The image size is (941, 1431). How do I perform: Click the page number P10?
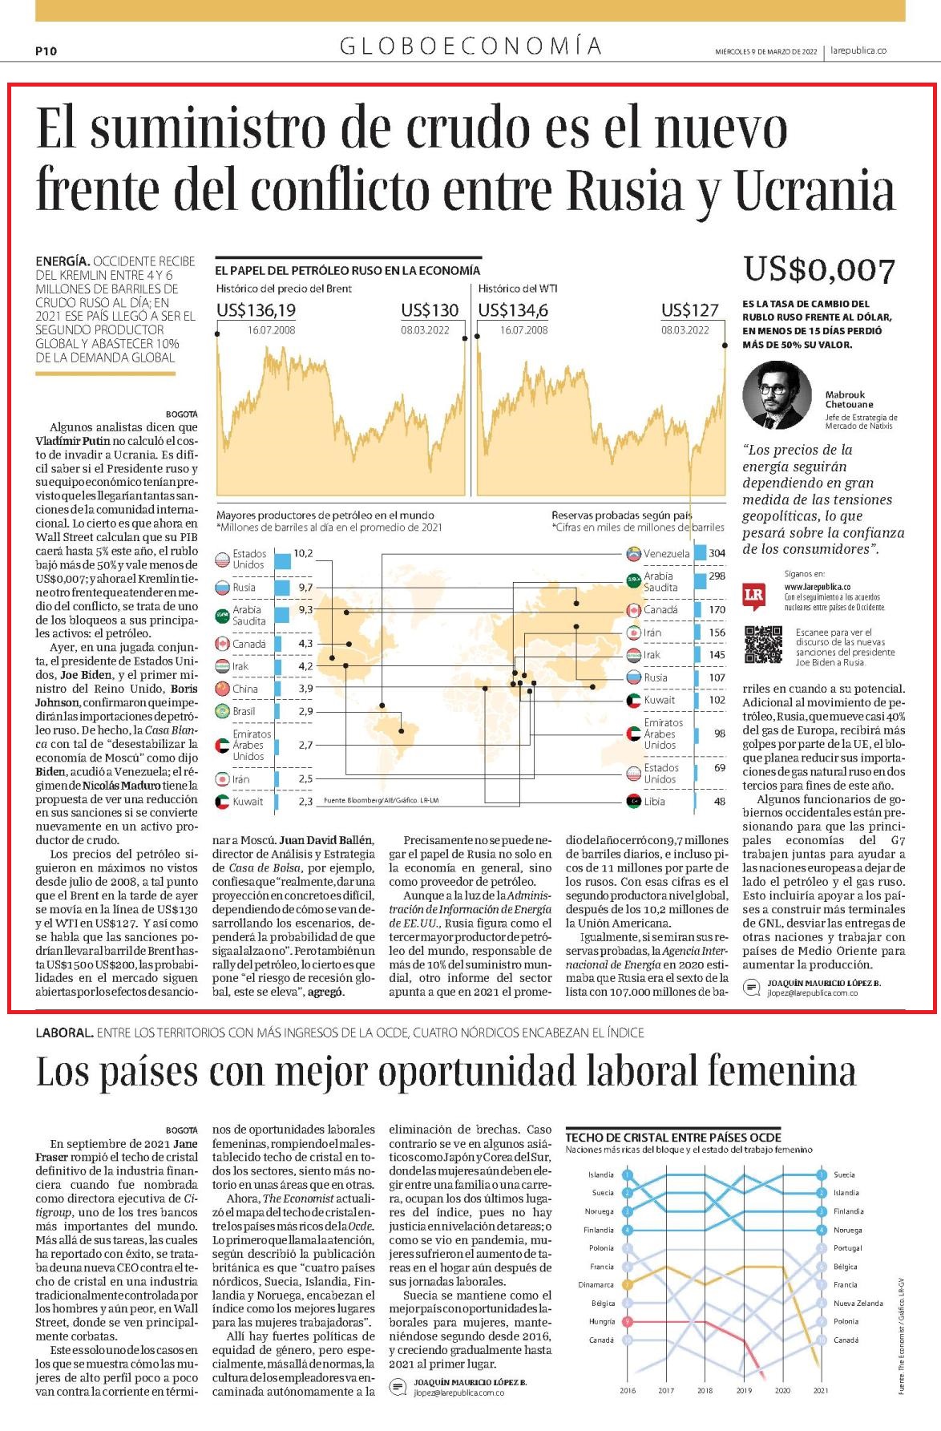(46, 51)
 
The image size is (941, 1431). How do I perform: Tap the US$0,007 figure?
(818, 269)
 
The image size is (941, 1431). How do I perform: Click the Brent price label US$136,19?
(256, 310)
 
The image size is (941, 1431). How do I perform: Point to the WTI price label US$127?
(689, 310)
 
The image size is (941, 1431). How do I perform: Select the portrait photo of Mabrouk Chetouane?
(777, 395)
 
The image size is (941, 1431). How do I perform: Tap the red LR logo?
(753, 595)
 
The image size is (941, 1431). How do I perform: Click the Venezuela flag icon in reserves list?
(633, 554)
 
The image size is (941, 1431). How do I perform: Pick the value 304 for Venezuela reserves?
(717, 553)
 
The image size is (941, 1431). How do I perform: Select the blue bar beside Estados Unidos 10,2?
(281, 559)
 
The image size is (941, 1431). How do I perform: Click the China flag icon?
(223, 689)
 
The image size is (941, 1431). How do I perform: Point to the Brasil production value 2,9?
(305, 711)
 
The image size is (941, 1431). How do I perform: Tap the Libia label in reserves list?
(654, 802)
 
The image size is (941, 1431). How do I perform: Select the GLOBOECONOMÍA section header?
(470, 46)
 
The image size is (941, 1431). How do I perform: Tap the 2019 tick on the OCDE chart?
(744, 1391)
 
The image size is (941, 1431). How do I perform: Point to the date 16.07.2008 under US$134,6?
(524, 330)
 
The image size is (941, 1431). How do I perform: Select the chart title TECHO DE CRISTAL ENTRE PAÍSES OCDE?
(673, 1138)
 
